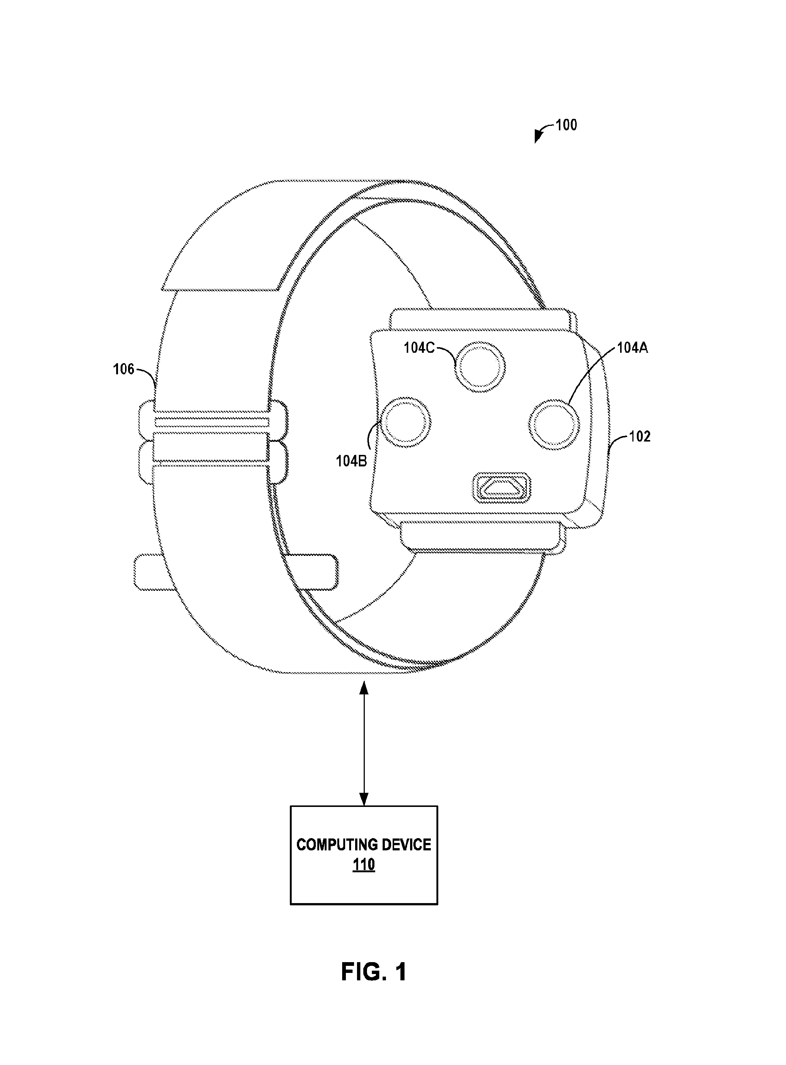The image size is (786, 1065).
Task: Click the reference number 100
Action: click(566, 125)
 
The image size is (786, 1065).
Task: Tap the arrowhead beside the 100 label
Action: click(538, 137)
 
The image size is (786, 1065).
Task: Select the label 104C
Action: click(419, 348)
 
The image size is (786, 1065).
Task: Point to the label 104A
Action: click(632, 348)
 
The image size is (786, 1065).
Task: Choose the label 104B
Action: click(351, 461)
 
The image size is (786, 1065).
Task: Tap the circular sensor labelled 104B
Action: click(406, 421)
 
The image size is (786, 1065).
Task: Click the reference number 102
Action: click(639, 436)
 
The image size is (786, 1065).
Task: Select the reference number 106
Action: click(124, 369)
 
